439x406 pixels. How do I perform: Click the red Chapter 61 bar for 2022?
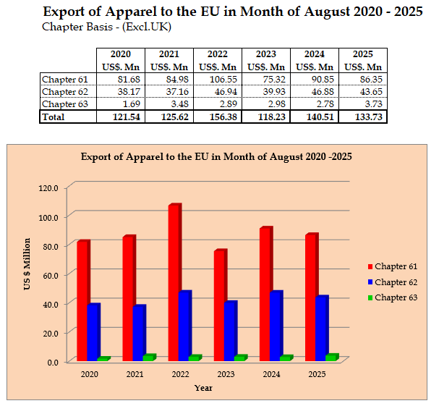(174, 282)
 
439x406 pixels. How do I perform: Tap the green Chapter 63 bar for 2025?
(331, 357)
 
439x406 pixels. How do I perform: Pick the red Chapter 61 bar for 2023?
(220, 305)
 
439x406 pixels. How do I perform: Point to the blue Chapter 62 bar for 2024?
(276, 325)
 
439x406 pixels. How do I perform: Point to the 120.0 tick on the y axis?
(48, 187)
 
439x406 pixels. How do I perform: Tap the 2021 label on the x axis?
(135, 374)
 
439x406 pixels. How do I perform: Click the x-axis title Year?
(203, 388)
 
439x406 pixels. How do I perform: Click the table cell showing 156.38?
(217, 117)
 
